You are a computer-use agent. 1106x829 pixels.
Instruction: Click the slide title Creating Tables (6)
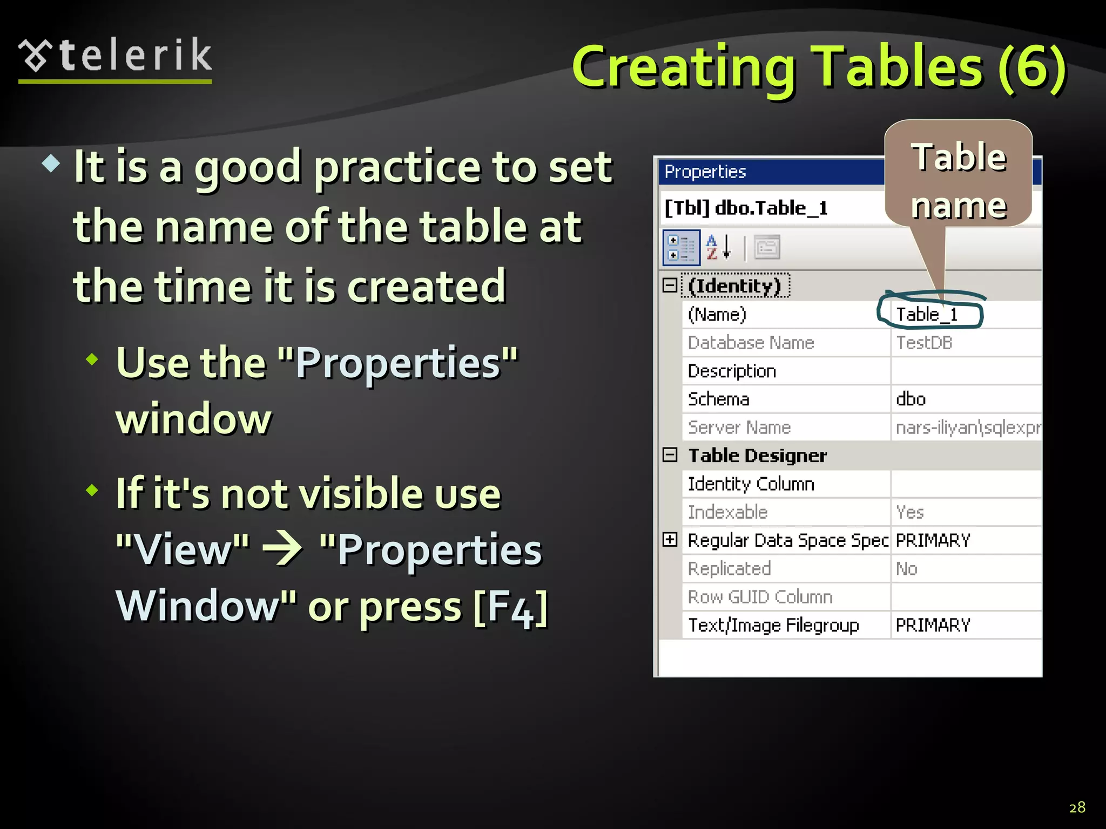(819, 67)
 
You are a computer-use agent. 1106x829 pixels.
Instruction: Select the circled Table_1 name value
(927, 314)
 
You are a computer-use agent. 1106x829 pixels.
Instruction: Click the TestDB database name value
(924, 343)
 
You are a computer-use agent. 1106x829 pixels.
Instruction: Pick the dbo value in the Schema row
(911, 399)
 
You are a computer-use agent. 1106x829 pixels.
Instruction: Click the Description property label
(732, 371)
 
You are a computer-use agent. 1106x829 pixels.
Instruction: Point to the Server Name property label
(739, 427)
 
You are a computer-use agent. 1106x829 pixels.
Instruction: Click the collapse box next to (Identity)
(670, 286)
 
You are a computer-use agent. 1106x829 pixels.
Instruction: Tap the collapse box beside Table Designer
(670, 455)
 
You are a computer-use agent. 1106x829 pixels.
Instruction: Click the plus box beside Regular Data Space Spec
(670, 539)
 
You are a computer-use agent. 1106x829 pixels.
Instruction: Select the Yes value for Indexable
(910, 512)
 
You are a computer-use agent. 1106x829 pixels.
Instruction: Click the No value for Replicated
(907, 569)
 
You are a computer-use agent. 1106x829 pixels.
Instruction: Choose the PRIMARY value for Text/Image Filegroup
(933, 625)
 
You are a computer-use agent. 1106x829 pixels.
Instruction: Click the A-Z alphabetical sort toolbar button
(719, 248)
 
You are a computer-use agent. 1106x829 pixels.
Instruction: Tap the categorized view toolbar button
(681, 248)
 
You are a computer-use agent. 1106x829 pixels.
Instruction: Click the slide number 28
(1077, 807)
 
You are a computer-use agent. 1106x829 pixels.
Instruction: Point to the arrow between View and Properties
(282, 549)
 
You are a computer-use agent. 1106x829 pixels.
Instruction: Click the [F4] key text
(511, 607)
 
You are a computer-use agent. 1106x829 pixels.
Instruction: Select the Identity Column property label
(751, 484)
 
